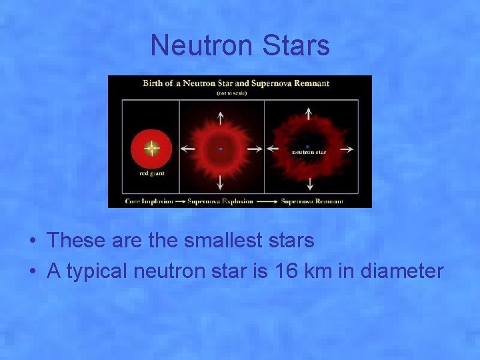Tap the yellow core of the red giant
tap(152, 148)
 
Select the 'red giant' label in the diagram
tap(152, 173)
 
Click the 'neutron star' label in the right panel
tap(307, 152)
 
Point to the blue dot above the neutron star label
tap(307, 145)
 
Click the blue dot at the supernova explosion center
tap(221, 149)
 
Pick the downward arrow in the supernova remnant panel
tap(309, 183)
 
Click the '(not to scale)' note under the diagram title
tap(231, 93)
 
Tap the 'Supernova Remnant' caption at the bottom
tap(312, 201)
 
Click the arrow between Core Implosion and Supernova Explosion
tap(181, 201)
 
